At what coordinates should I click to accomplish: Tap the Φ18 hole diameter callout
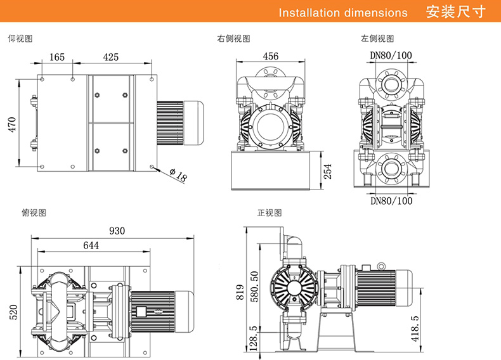point(179,175)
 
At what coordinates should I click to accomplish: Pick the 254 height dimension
point(327,171)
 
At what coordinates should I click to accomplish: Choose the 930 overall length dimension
point(117,231)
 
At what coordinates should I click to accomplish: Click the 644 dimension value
point(91,245)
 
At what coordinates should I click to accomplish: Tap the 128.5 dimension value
point(254,338)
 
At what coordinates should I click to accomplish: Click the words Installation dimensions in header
point(343,13)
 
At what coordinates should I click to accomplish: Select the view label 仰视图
point(20,39)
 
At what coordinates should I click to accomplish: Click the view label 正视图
point(269,212)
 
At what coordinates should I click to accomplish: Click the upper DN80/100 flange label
point(391,55)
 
